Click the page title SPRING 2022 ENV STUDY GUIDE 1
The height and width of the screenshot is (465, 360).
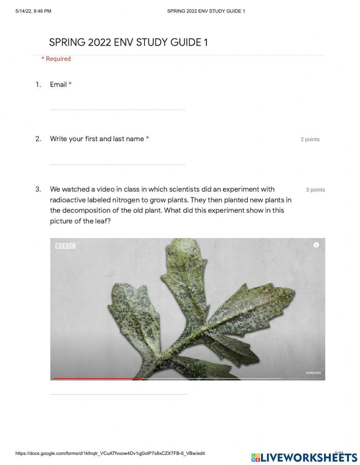(x=129, y=43)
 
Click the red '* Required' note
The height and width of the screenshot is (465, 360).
(x=56, y=59)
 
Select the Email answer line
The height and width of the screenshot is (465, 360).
(x=117, y=109)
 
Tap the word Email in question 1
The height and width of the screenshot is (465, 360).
(x=58, y=85)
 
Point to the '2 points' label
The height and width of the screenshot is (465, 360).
(x=310, y=139)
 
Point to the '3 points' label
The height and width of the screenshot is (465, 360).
(x=315, y=190)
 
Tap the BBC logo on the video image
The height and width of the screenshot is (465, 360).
(x=65, y=246)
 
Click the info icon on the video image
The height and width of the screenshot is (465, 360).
(x=316, y=245)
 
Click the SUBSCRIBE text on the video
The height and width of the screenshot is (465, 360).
(x=313, y=373)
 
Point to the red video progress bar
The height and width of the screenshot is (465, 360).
(x=97, y=379)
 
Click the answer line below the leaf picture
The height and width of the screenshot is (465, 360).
(x=119, y=394)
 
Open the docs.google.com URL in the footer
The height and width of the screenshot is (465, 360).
(x=110, y=453)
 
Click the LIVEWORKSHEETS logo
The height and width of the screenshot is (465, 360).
(x=304, y=457)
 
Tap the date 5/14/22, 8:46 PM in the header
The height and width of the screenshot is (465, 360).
(x=33, y=11)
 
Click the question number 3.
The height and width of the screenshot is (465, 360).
(x=38, y=189)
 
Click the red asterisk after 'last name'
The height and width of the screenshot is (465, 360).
(x=147, y=139)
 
